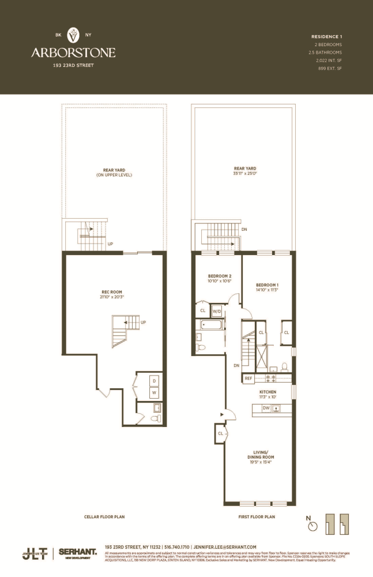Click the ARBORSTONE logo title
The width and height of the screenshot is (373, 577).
click(73, 53)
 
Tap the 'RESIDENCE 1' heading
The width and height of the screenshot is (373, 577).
click(327, 37)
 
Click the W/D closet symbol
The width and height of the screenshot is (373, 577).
click(217, 311)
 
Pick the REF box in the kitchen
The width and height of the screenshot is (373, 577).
click(248, 379)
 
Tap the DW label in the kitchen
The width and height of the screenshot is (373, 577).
click(266, 409)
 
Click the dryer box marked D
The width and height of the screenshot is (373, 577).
click(154, 381)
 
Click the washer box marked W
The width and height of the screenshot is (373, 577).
click(154, 393)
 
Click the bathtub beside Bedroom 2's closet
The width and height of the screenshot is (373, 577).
click(211, 325)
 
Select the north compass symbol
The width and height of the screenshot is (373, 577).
click(313, 525)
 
